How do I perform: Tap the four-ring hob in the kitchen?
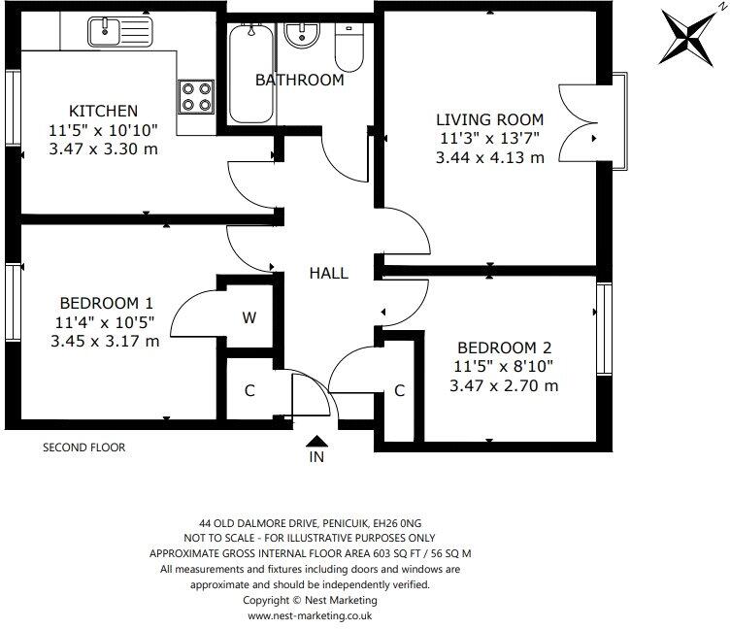[196, 96]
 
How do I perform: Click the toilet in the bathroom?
[347, 43]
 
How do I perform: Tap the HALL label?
[329, 274]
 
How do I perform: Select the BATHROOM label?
[299, 80]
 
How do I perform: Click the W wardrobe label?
[249, 317]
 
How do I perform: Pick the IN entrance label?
[315, 456]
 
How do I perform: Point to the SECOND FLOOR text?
[83, 447]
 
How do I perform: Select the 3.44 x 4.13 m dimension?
[490, 157]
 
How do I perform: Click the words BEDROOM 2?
[504, 348]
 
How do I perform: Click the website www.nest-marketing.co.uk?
[310, 615]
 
